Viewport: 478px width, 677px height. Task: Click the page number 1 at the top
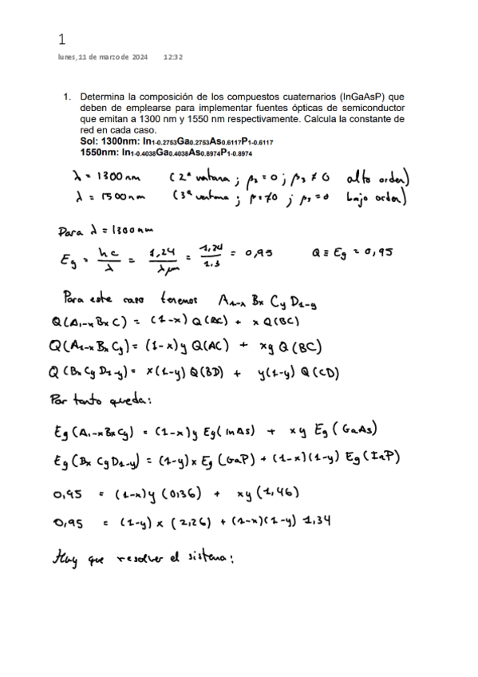click(x=61, y=38)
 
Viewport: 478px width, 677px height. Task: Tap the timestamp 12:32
click(x=172, y=57)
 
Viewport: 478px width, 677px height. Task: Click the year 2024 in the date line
click(x=138, y=57)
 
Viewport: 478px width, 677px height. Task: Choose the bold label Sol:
click(x=89, y=142)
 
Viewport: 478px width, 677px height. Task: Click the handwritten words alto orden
click(x=375, y=177)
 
